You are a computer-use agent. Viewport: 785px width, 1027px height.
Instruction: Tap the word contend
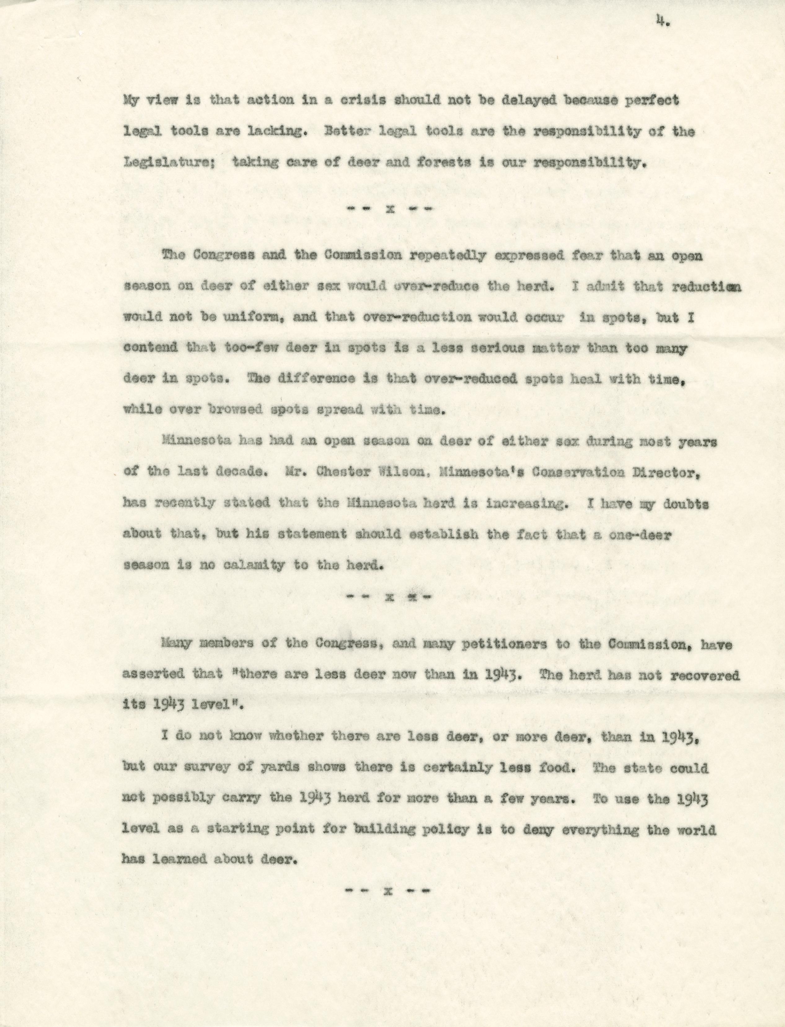(148, 348)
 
